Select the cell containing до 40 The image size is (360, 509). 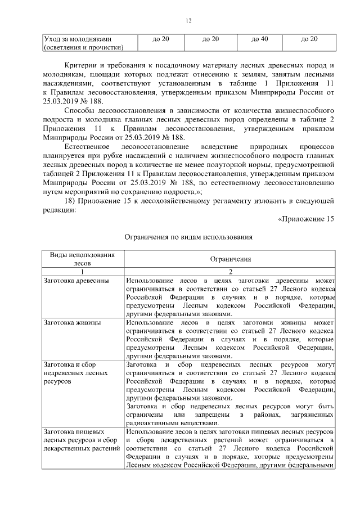[259, 39]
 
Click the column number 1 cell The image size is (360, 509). [82, 271]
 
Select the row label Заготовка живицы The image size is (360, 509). [72, 324]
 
